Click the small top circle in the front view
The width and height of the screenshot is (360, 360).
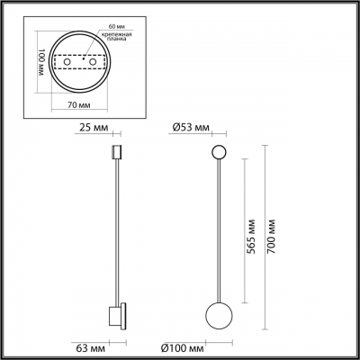(x=219, y=150)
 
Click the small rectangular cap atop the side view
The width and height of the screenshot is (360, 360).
(x=115, y=150)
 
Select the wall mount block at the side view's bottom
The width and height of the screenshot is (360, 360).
(x=115, y=317)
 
